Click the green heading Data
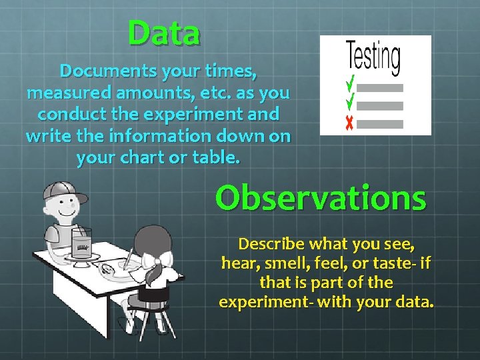[x=164, y=33]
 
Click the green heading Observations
[x=320, y=197]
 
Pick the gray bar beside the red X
[x=381, y=123]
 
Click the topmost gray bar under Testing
[x=381, y=87]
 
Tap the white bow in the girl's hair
[x=160, y=256]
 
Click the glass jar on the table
[x=82, y=241]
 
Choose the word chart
[x=145, y=158]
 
